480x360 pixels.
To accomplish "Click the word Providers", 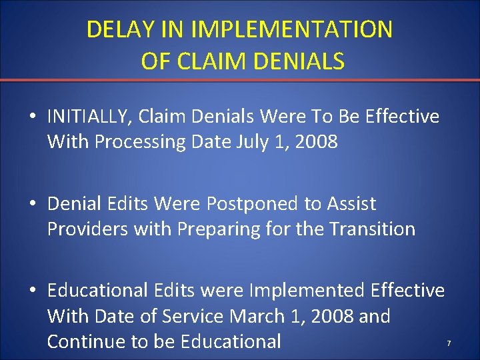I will click(x=87, y=229).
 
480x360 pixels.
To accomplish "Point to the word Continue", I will click(x=87, y=341).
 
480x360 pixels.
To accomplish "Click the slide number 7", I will click(x=449, y=343).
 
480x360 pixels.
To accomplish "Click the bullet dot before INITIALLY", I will click(x=33, y=117).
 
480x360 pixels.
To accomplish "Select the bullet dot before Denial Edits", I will click(x=33, y=204).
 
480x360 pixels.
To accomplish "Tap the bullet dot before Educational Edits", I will click(x=33, y=291).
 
